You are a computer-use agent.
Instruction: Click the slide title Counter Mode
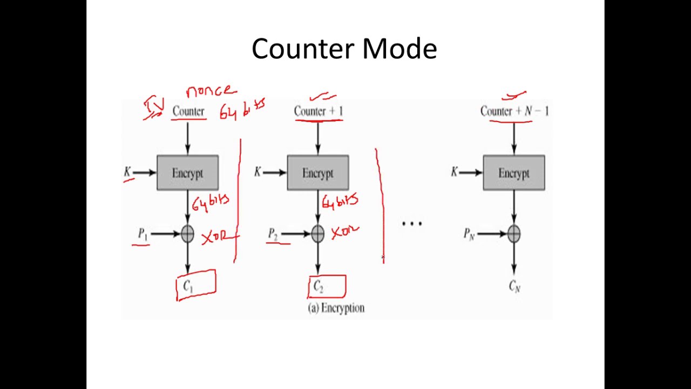(x=344, y=49)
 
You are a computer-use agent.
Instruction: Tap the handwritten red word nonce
(x=211, y=91)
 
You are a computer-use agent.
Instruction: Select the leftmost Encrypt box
(x=187, y=173)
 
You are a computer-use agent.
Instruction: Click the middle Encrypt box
(x=317, y=173)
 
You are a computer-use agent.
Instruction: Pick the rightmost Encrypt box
(x=513, y=173)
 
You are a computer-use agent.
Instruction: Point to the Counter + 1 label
(x=319, y=111)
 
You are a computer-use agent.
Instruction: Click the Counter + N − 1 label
(x=514, y=111)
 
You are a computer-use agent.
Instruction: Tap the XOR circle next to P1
(x=187, y=234)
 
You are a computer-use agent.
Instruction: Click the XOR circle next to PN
(x=513, y=234)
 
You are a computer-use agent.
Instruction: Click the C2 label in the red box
(x=318, y=287)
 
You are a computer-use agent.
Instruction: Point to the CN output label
(x=514, y=287)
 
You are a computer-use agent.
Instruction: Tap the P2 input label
(x=273, y=234)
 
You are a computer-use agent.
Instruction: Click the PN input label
(x=469, y=234)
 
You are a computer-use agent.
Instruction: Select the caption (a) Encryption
(x=336, y=308)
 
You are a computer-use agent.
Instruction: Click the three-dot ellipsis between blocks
(x=412, y=223)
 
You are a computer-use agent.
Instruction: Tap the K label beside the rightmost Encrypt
(x=455, y=172)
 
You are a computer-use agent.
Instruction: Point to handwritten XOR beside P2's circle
(x=344, y=233)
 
